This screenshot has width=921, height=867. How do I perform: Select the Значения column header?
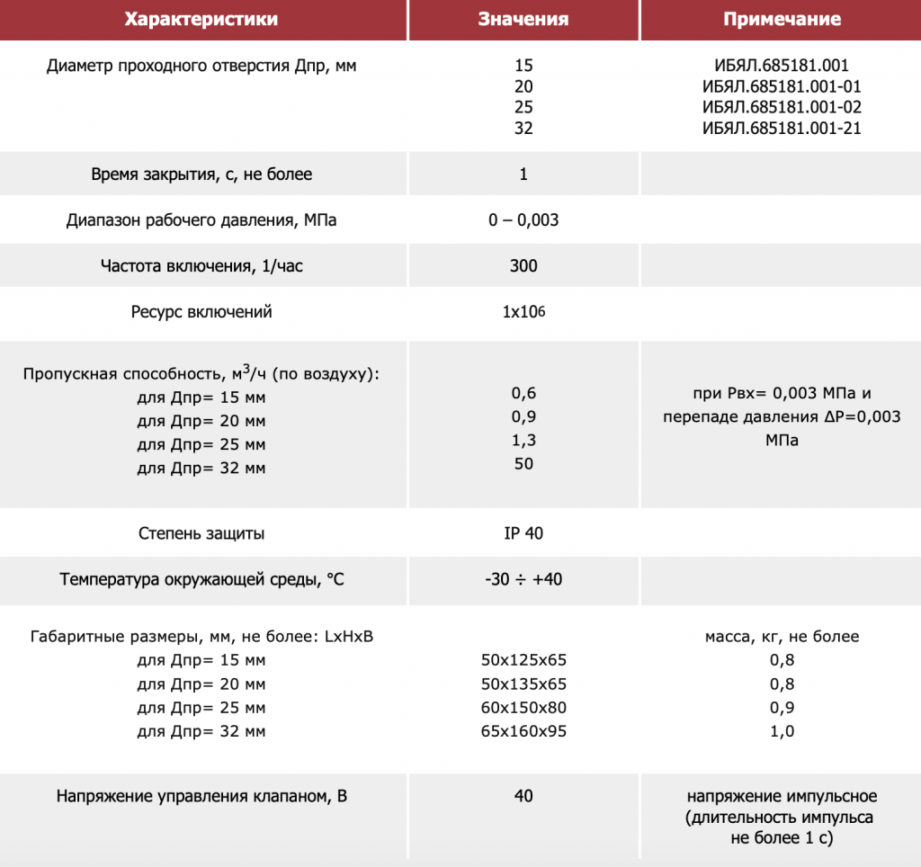coord(523,19)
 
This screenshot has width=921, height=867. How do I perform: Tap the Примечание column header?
coord(782,19)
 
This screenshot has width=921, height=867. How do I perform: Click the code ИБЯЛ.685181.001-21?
coord(782,128)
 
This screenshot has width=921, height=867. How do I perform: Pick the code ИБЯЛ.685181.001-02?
coord(782,107)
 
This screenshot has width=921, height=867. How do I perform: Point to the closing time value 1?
coord(523,174)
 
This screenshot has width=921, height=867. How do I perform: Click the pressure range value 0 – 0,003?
coord(523,219)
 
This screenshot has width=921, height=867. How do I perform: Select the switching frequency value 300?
coord(523,265)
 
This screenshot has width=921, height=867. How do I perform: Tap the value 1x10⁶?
coord(524,312)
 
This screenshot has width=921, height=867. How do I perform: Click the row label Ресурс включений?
coord(201,312)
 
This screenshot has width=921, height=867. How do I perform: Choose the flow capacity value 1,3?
coord(523,441)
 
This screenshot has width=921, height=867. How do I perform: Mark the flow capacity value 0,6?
coord(523,393)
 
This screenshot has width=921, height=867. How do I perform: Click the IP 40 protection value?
coord(523,532)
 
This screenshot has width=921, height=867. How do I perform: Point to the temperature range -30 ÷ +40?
coord(523,579)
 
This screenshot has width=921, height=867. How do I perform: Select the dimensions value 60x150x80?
coord(524,707)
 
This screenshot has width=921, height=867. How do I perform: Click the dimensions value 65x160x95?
coord(524,730)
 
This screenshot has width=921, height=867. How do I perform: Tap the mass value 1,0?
coord(782,730)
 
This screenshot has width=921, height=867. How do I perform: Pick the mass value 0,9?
coord(782,707)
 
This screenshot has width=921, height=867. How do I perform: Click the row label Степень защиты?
coord(201,532)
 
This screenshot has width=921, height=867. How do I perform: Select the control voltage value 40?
coord(523,796)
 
